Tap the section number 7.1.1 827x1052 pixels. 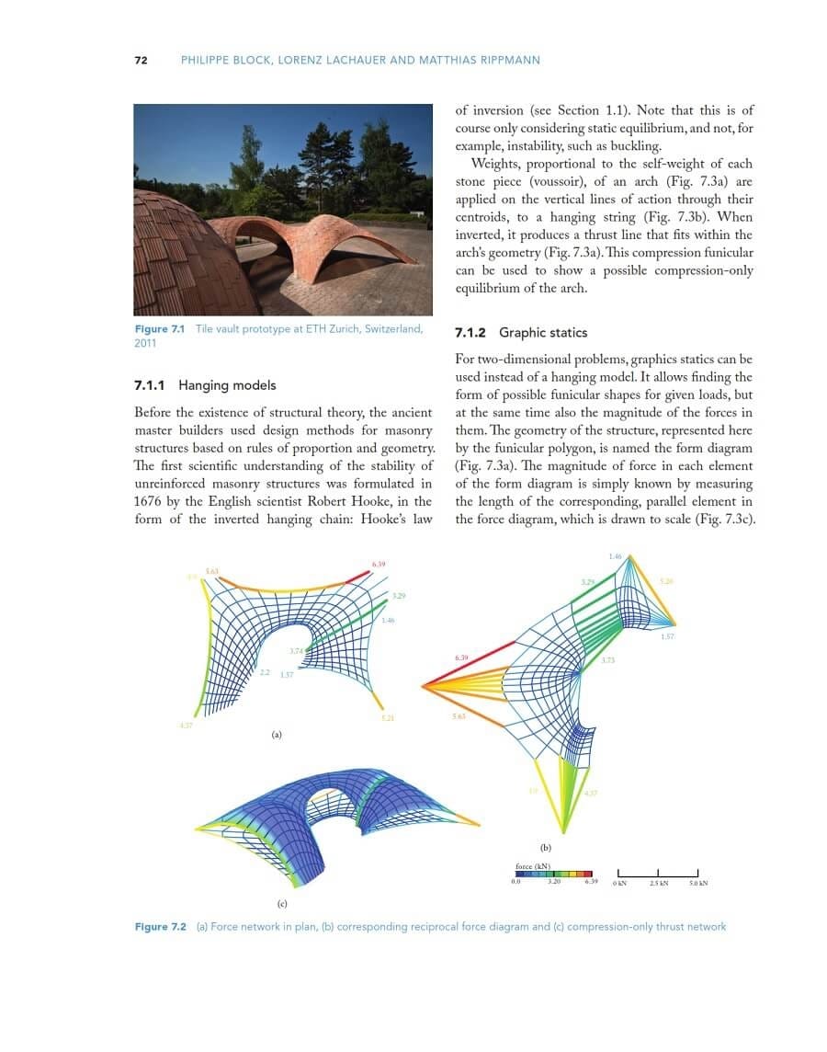152,385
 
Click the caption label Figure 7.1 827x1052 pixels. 152,329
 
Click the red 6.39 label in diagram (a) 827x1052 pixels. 378,563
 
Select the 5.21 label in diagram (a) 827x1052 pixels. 388,718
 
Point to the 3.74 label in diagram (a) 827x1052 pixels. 295,651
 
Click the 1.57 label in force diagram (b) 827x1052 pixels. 667,636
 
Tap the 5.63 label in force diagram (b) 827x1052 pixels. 459,717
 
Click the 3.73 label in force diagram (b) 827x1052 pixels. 607,661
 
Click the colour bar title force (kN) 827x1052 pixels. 533,866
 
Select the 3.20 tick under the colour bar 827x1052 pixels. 554,883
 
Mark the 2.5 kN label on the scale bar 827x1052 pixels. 658,883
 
